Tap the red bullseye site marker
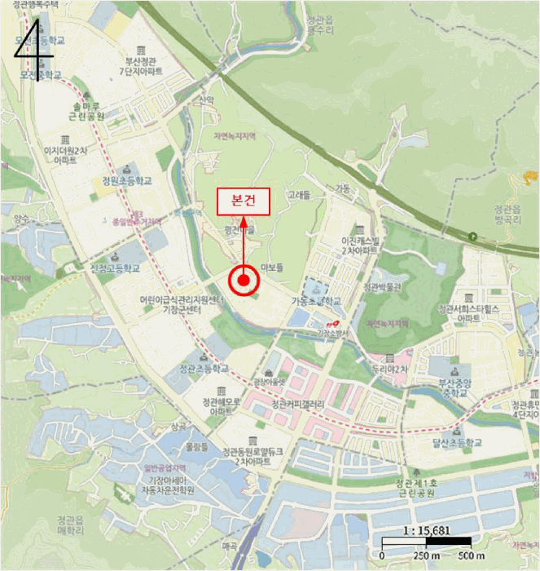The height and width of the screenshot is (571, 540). [x=243, y=282]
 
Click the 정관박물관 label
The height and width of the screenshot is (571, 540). [x=383, y=286]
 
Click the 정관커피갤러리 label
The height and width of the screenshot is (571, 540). [x=298, y=404]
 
